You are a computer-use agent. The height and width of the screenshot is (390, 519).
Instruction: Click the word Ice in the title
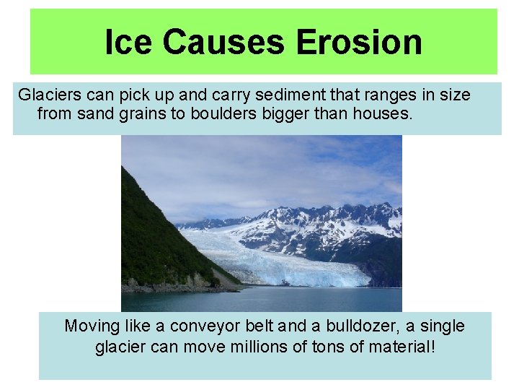[x=130, y=42]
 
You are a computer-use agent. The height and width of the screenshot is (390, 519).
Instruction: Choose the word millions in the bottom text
[x=256, y=347]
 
